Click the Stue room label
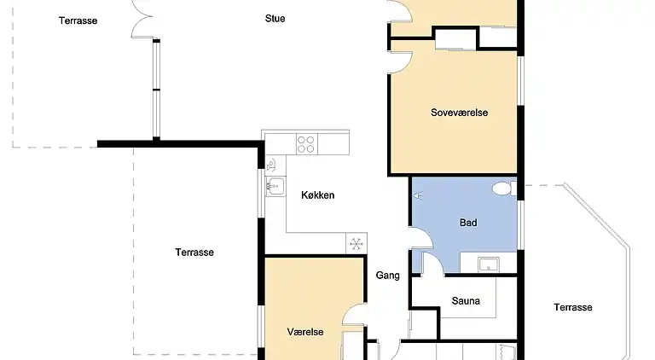pyautogui.click(x=275, y=18)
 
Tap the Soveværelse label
pyautogui.click(x=460, y=112)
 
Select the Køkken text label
pyautogui.click(x=318, y=195)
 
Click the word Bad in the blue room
pyautogui.click(x=468, y=224)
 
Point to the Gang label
pyautogui.click(x=388, y=275)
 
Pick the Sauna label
pyautogui.click(x=466, y=300)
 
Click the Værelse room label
pyautogui.click(x=304, y=332)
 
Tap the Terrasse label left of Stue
pyautogui.click(x=78, y=20)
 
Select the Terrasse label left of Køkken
pyautogui.click(x=194, y=252)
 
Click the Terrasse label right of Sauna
pyautogui.click(x=572, y=307)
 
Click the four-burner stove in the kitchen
pyautogui.click(x=306, y=142)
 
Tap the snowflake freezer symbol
pyautogui.click(x=355, y=244)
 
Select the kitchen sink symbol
pyautogui.click(x=274, y=185)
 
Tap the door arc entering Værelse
pyautogui.click(x=352, y=316)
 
